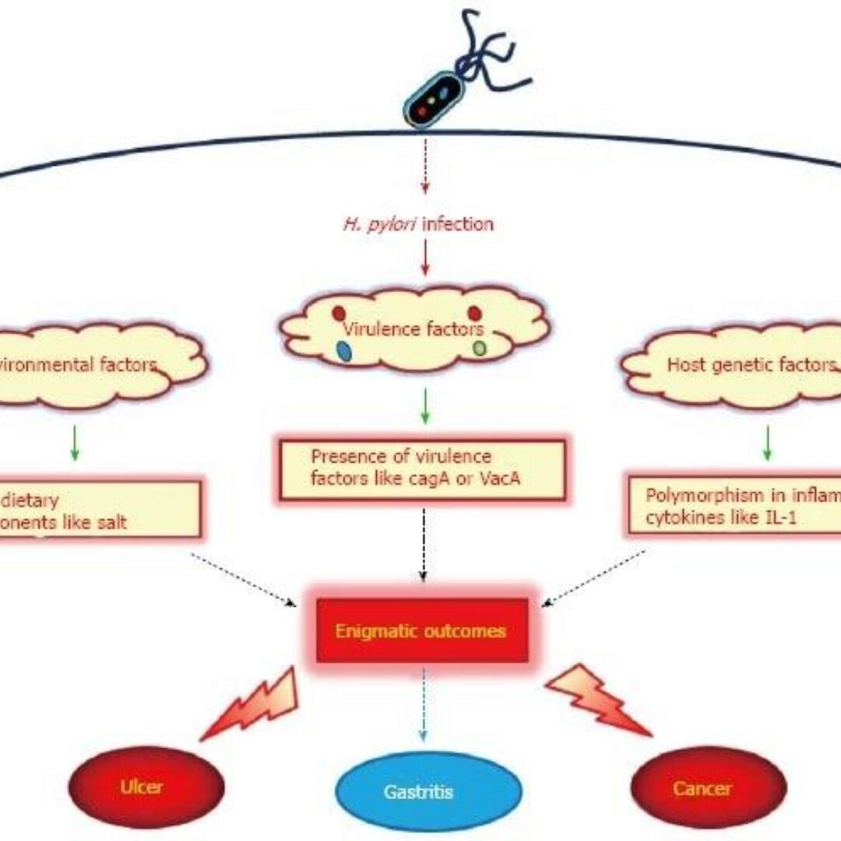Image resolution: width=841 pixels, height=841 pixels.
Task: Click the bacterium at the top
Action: pyautogui.click(x=433, y=100)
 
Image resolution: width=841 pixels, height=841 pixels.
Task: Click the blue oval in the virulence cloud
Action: pyautogui.click(x=343, y=351)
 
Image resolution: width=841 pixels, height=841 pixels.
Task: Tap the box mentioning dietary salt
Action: pyautogui.click(x=97, y=510)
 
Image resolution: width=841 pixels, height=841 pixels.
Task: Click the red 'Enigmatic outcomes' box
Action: pyautogui.click(x=420, y=630)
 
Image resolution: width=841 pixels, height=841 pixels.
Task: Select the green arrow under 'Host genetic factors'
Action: pyautogui.click(x=767, y=442)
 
